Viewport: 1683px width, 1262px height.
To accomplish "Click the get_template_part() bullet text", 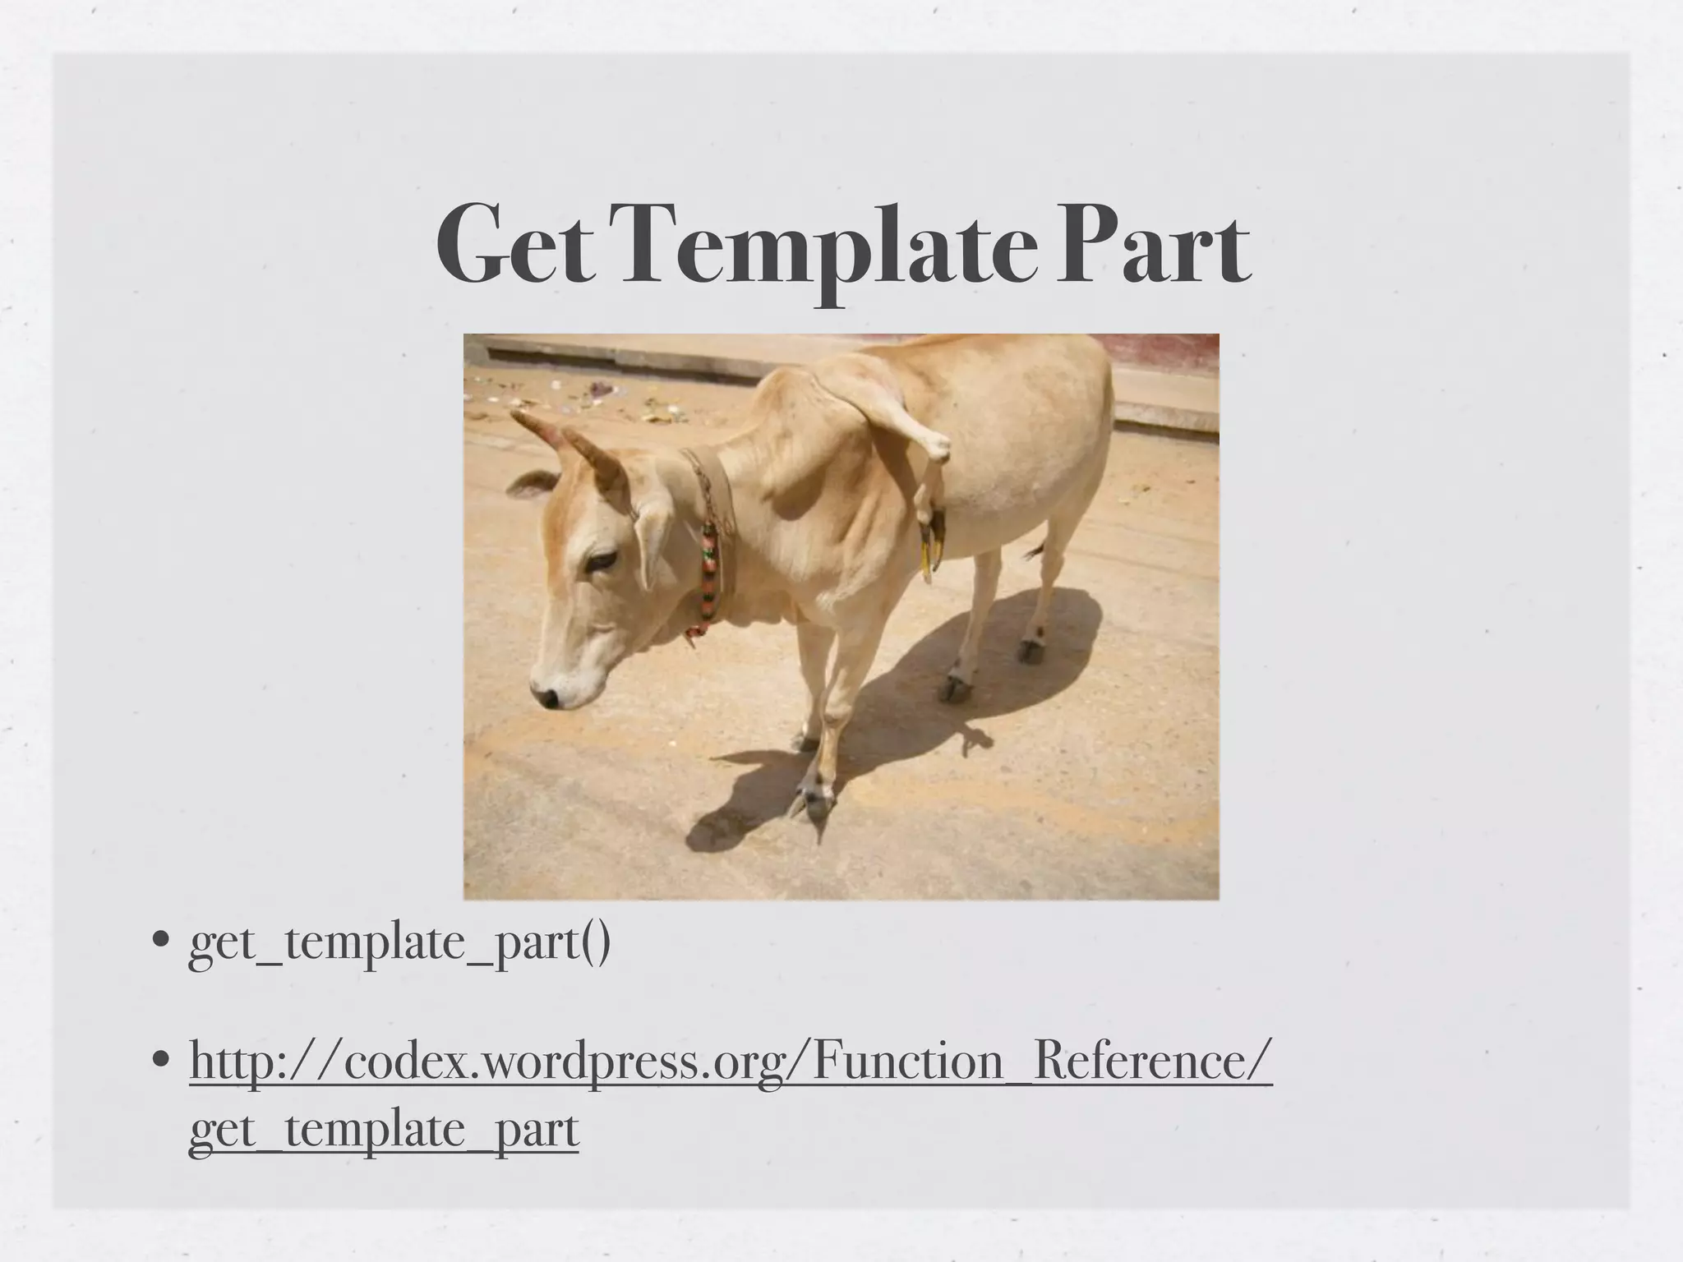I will [x=399, y=942].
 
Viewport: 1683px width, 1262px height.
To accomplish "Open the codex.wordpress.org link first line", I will [x=731, y=1061].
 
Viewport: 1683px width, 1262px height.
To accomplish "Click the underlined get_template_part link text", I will [x=384, y=1130].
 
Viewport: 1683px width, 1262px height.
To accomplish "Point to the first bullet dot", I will [x=162, y=939].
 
